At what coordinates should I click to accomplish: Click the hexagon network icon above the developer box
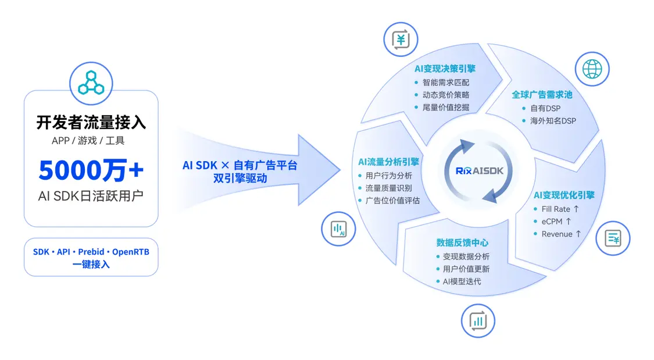tap(91, 83)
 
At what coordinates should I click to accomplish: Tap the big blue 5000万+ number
tap(91, 170)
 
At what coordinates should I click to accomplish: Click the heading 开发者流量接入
tap(91, 122)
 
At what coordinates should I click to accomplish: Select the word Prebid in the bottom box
tap(91, 252)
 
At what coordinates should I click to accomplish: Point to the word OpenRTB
tap(131, 252)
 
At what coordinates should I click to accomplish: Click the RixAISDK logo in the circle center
tap(480, 170)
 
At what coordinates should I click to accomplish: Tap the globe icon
tap(592, 69)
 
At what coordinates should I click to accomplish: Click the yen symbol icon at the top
tap(401, 40)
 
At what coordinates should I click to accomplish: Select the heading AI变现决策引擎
tap(445, 69)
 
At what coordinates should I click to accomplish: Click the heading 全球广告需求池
tap(542, 95)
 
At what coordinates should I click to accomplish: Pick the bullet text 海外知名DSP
tap(553, 121)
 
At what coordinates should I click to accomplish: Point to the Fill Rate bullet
tap(560, 209)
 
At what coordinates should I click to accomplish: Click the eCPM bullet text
tap(556, 222)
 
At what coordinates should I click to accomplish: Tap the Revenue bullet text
tap(561, 234)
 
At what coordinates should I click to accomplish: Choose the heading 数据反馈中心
tap(462, 243)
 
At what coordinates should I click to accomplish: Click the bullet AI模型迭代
tap(462, 281)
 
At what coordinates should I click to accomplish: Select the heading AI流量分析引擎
tap(389, 162)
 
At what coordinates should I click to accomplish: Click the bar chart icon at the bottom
tap(478, 321)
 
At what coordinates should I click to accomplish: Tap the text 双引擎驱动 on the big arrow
tap(240, 179)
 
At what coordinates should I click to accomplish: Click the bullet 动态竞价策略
tap(446, 95)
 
